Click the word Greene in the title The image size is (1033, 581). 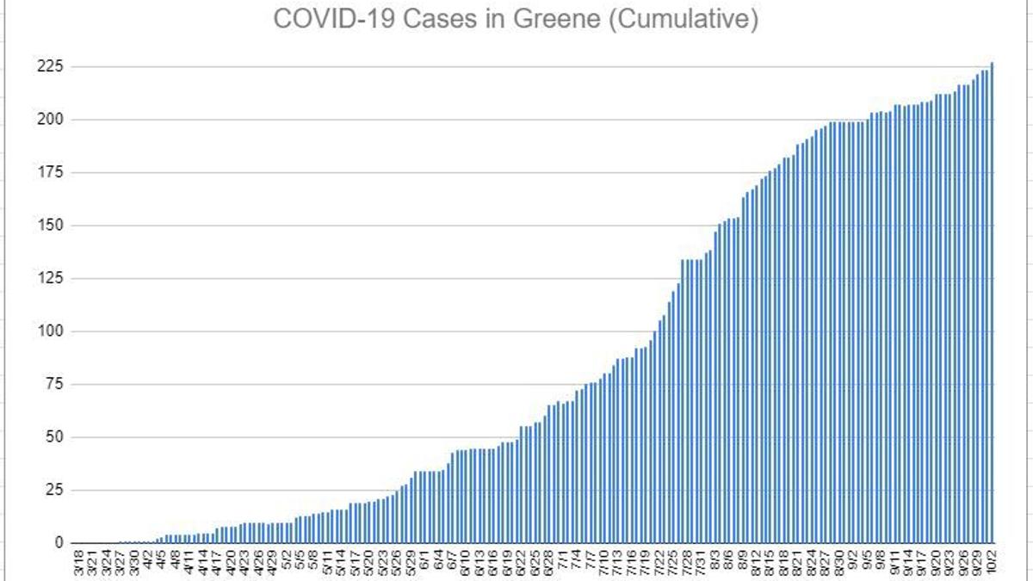pyautogui.click(x=559, y=19)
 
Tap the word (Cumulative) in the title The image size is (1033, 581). pyautogui.click(x=683, y=19)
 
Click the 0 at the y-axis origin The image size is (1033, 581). pyautogui.click(x=59, y=543)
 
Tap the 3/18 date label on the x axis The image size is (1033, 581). pyautogui.click(x=78, y=564)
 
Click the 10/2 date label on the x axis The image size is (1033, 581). pyautogui.click(x=993, y=564)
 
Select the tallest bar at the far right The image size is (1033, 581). pyautogui.click(x=993, y=301)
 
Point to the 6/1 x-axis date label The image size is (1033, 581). pyautogui.click(x=424, y=562)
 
